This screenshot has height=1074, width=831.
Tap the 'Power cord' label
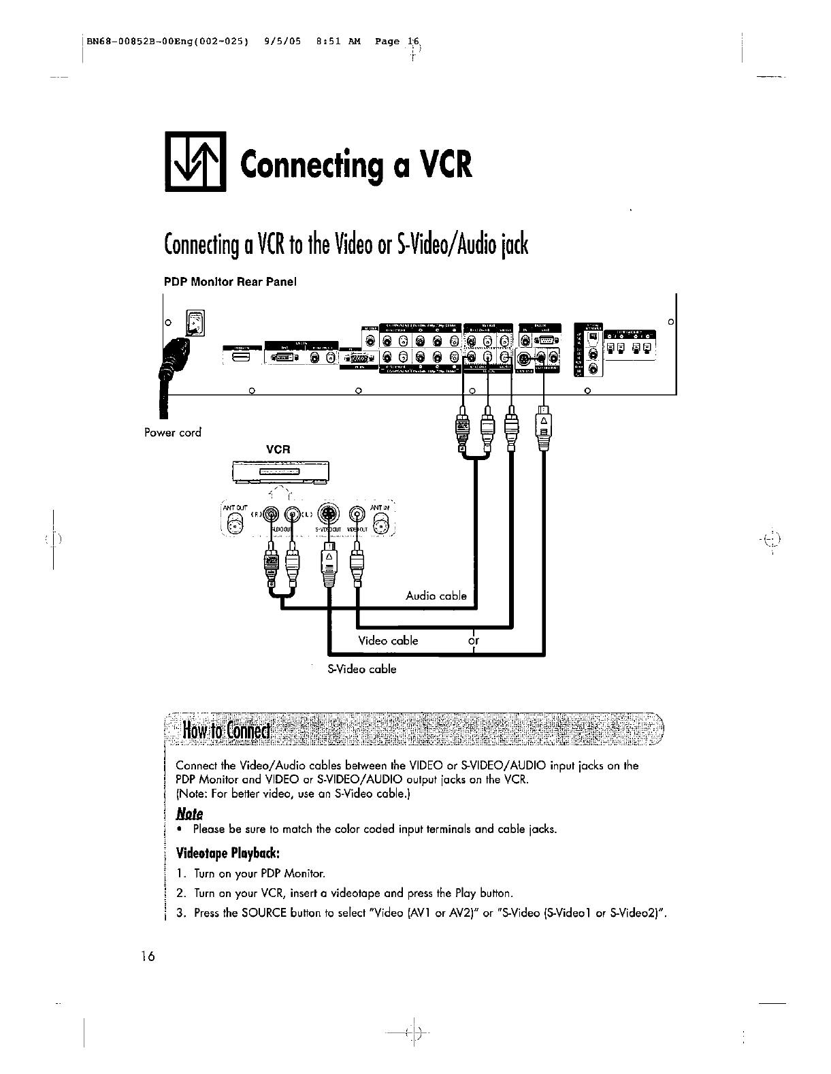coord(173,433)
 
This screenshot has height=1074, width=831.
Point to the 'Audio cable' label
coord(436,596)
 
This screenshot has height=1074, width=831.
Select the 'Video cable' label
coord(388,640)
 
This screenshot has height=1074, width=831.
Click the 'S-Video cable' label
coord(362,669)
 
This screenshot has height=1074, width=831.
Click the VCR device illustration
coord(280,471)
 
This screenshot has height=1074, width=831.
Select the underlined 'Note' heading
coord(190,813)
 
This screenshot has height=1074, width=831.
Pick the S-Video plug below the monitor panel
coord(543,430)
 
